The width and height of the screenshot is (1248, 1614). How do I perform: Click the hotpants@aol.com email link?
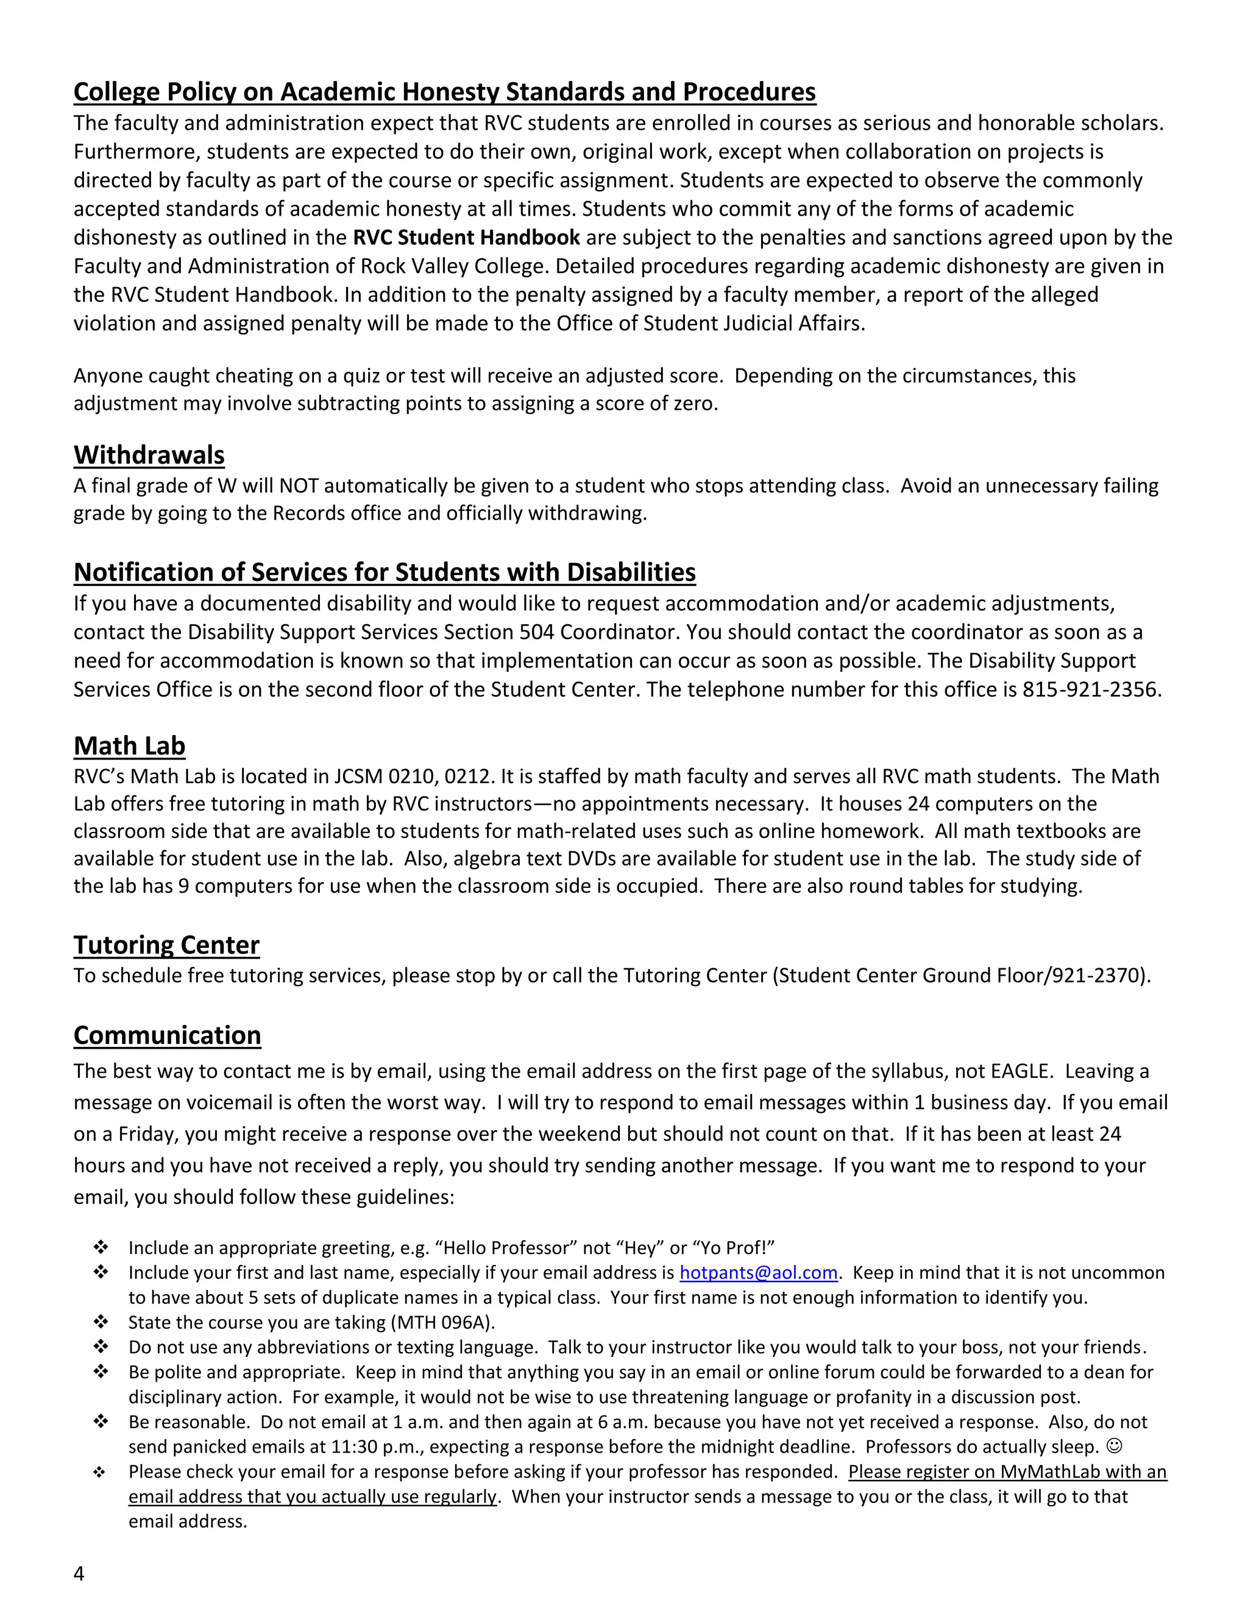(x=758, y=1272)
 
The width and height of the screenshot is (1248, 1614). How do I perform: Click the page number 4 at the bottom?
(x=79, y=1573)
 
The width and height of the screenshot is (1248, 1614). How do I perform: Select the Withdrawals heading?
(x=149, y=455)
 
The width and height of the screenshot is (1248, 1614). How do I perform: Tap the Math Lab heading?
(x=129, y=747)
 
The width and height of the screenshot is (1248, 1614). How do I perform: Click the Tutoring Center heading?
(x=166, y=945)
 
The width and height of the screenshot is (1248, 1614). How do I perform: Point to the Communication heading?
(x=167, y=1035)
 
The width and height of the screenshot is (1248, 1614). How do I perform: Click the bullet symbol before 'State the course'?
(x=101, y=1322)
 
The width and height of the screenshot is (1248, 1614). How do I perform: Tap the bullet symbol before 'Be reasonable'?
(x=101, y=1421)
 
